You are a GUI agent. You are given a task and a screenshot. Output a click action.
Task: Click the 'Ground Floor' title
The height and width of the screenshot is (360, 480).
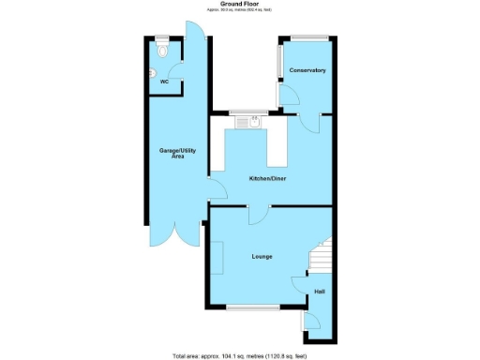point(239,4)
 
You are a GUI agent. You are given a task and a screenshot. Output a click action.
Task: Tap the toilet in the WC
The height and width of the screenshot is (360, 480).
point(162,52)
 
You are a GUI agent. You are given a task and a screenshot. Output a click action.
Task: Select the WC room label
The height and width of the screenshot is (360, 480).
point(164,82)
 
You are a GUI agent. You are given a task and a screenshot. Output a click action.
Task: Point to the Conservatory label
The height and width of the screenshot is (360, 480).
point(307,71)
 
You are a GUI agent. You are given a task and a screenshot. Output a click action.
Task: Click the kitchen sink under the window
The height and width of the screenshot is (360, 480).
point(250,120)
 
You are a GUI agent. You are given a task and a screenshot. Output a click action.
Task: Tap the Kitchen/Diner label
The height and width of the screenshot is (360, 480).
point(267,178)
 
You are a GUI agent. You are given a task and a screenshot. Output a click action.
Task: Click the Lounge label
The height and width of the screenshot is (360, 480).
point(262,255)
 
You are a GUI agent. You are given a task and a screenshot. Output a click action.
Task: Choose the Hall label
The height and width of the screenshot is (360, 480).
point(319,292)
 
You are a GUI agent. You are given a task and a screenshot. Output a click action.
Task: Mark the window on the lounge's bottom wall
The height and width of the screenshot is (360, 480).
point(252,307)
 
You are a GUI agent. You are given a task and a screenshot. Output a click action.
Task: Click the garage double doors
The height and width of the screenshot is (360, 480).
point(175,230)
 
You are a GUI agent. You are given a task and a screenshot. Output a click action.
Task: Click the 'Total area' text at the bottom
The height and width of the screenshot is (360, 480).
point(239,355)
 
